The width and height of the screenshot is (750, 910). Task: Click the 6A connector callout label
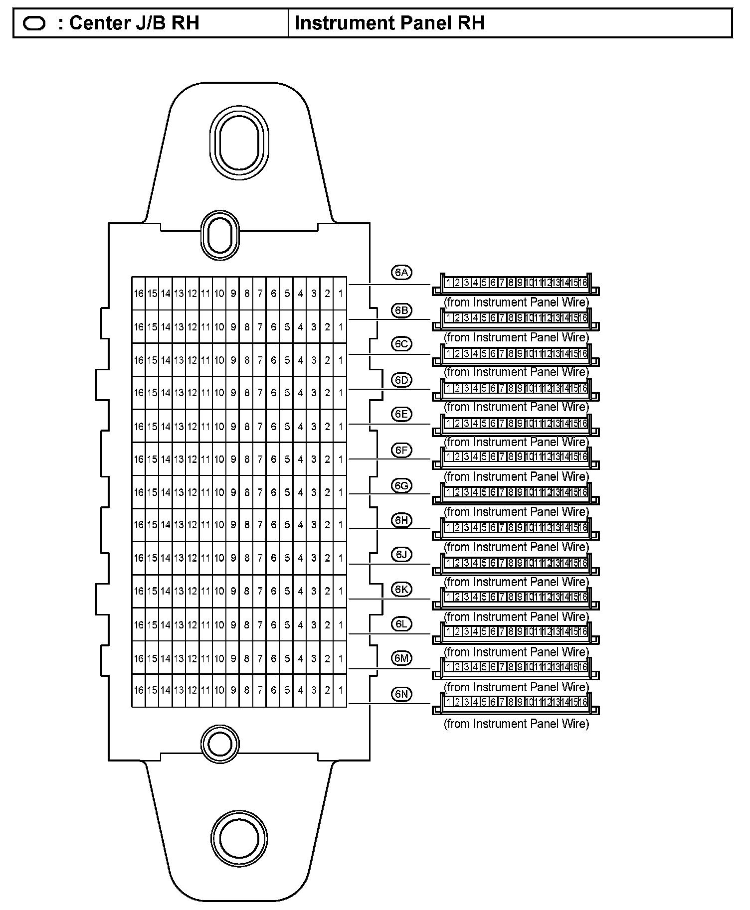click(x=401, y=273)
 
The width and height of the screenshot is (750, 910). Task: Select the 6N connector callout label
click(x=401, y=694)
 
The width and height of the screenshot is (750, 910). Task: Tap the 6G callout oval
click(x=401, y=485)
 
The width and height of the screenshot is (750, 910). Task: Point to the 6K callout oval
click(x=401, y=590)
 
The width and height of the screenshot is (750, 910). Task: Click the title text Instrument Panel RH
click(x=389, y=23)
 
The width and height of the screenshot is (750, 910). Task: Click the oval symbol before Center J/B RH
click(x=34, y=23)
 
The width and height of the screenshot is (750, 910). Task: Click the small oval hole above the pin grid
click(x=219, y=235)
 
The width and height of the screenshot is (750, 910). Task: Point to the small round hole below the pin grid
click(x=219, y=745)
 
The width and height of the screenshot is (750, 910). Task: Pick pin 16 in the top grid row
click(x=139, y=294)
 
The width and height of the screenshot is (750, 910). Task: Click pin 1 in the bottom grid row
click(x=340, y=690)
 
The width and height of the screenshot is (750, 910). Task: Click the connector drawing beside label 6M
click(x=516, y=668)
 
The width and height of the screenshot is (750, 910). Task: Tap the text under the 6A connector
click(x=516, y=303)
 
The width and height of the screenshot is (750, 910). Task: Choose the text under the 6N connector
click(x=516, y=724)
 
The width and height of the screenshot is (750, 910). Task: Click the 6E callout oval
click(x=401, y=415)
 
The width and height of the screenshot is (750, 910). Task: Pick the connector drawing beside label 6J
click(x=516, y=563)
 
